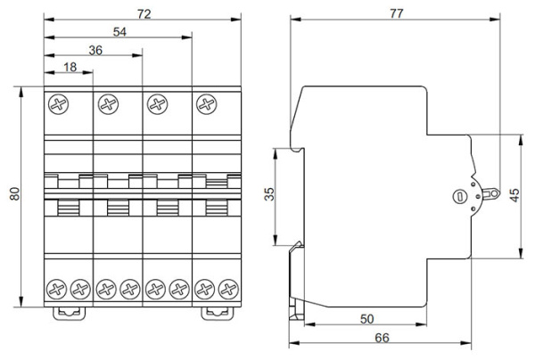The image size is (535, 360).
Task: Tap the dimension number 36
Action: pos(93,50)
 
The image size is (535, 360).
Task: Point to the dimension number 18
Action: pos(68,69)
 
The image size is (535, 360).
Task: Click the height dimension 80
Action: pos(14,195)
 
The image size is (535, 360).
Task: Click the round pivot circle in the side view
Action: pos(460,197)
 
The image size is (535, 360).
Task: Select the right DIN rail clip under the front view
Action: pos(216,313)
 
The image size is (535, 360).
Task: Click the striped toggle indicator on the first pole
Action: pos(69,209)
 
